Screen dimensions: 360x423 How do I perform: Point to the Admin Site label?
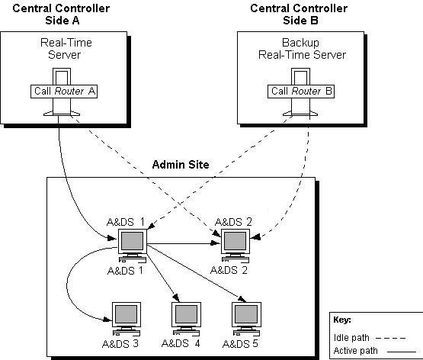point(181,164)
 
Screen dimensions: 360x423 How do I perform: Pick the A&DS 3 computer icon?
point(127,317)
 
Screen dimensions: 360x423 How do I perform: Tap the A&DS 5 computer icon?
point(245,317)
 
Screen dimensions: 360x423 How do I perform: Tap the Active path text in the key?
point(355,351)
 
